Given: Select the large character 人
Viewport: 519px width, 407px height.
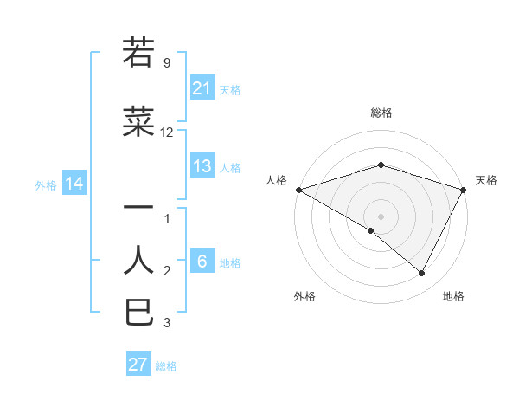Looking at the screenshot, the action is [139, 259].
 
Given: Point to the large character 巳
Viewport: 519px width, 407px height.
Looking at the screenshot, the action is [139, 312].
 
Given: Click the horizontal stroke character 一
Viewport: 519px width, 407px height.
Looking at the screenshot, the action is [139, 208].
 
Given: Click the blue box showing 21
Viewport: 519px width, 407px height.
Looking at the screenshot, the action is [202, 88].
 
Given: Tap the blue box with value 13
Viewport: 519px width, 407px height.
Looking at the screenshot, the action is [202, 166].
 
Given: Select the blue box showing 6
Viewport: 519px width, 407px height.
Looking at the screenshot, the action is [202, 262].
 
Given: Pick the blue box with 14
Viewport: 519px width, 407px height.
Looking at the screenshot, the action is [74, 184].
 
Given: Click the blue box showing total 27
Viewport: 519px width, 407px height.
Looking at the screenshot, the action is [138, 365].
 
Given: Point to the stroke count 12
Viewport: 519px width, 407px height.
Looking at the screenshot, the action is [167, 132].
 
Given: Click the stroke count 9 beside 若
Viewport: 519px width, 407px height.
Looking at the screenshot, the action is [167, 62].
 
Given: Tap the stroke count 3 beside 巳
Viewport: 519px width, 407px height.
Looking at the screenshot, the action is [167, 323].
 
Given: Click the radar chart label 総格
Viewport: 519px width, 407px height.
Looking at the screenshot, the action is [381, 113].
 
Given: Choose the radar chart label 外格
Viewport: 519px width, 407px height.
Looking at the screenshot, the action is [304, 296].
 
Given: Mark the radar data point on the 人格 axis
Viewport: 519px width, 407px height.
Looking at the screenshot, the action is [298, 189].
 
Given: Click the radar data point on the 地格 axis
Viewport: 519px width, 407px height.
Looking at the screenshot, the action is [422, 274].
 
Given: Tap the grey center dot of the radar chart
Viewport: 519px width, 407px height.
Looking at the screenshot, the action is [381, 216].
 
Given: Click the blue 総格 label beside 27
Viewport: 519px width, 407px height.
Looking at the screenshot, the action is [166, 366].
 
